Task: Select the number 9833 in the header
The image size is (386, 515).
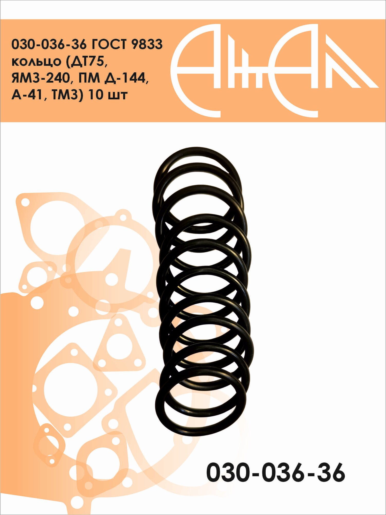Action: pyautogui.click(x=147, y=45)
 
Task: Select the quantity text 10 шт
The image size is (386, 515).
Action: pyautogui.click(x=108, y=95)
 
